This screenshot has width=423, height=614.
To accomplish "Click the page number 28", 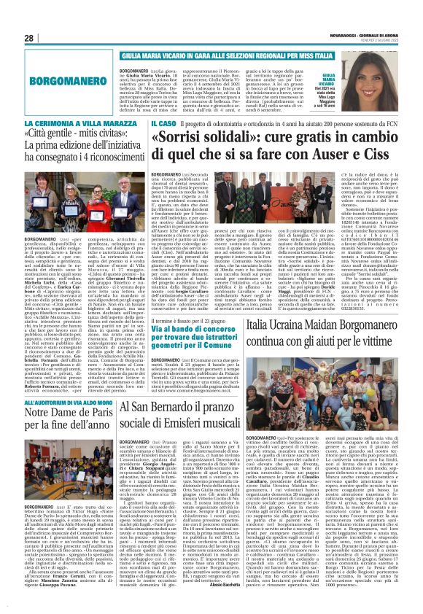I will click(x=29, y=38).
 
